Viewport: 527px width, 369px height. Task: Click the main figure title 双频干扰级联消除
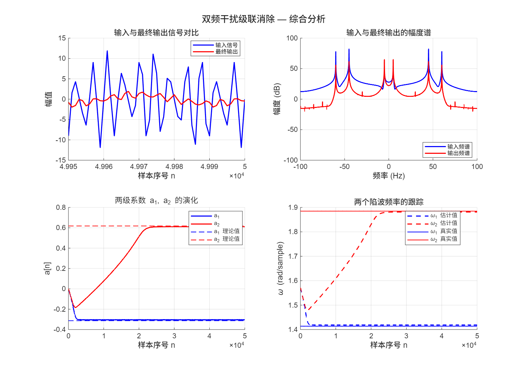tap(263, 19)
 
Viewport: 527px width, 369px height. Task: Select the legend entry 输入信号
tap(226, 45)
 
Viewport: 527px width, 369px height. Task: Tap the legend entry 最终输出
tap(226, 52)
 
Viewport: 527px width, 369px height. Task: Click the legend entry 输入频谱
tap(458, 147)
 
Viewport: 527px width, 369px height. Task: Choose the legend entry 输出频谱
tap(458, 153)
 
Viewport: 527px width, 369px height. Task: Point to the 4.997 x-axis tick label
tap(139, 167)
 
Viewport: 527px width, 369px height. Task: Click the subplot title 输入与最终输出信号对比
tap(156, 33)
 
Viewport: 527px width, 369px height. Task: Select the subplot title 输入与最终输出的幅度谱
tap(388, 33)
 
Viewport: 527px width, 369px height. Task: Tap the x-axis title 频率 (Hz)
tap(388, 176)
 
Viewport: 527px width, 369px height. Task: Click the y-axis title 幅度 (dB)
tap(277, 99)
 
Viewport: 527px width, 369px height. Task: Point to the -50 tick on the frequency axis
tap(344, 167)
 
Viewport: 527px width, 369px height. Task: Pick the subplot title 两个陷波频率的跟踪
tap(388, 202)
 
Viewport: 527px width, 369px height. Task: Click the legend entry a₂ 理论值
tap(227, 239)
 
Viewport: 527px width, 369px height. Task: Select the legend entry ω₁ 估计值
tap(444, 215)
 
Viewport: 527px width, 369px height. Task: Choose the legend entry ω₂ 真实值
tap(444, 239)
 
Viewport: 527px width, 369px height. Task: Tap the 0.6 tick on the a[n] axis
tap(61, 228)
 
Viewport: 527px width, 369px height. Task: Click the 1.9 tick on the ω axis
tap(293, 207)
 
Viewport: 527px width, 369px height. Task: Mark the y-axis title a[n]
tap(48, 268)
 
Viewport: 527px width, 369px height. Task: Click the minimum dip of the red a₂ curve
tap(75, 307)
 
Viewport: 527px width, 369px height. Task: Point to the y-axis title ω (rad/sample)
tap(280, 268)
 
